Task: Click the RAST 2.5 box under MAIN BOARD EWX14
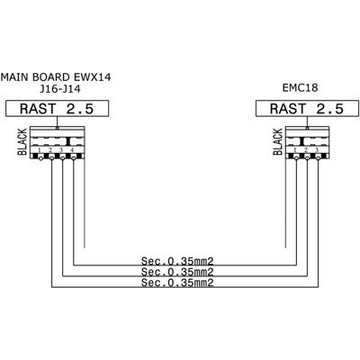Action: [x=58, y=109]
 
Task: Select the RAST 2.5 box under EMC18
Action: [x=307, y=109]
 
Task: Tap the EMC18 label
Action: [x=300, y=87]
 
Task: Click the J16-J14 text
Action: [x=60, y=89]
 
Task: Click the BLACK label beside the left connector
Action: [x=22, y=141]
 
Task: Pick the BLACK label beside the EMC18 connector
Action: [x=278, y=141]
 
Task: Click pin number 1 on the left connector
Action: [x=40, y=149]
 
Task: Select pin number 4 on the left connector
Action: [x=72, y=149]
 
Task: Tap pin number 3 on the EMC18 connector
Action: [x=317, y=149]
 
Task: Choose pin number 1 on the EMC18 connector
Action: [x=295, y=149]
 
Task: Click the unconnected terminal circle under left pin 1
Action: [x=40, y=158]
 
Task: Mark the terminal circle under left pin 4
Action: [x=74, y=158]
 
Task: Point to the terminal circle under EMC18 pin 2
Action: [x=307, y=158]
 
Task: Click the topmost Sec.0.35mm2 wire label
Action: [x=177, y=261]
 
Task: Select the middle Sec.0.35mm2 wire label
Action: [x=177, y=272]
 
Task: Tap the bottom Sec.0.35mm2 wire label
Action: [x=177, y=283]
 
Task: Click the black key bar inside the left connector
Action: [x=68, y=141]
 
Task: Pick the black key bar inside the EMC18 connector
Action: [x=302, y=141]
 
